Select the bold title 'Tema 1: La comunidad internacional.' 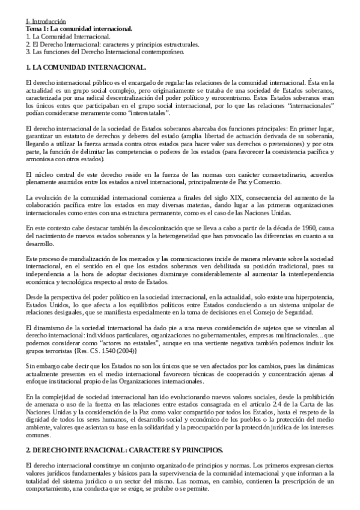[x=79, y=29]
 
